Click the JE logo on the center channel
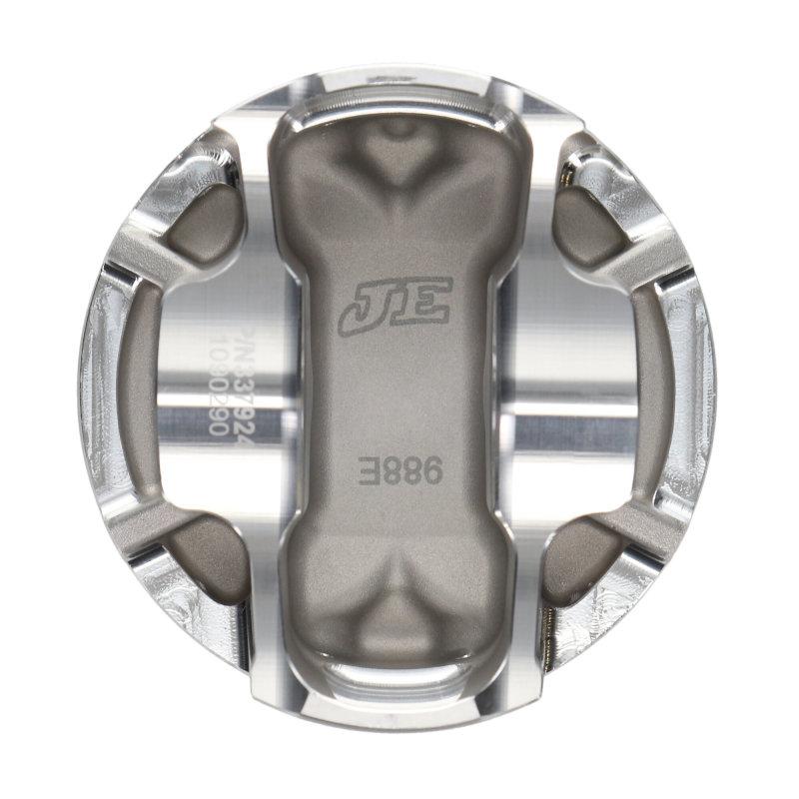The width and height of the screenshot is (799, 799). pos(396,304)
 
